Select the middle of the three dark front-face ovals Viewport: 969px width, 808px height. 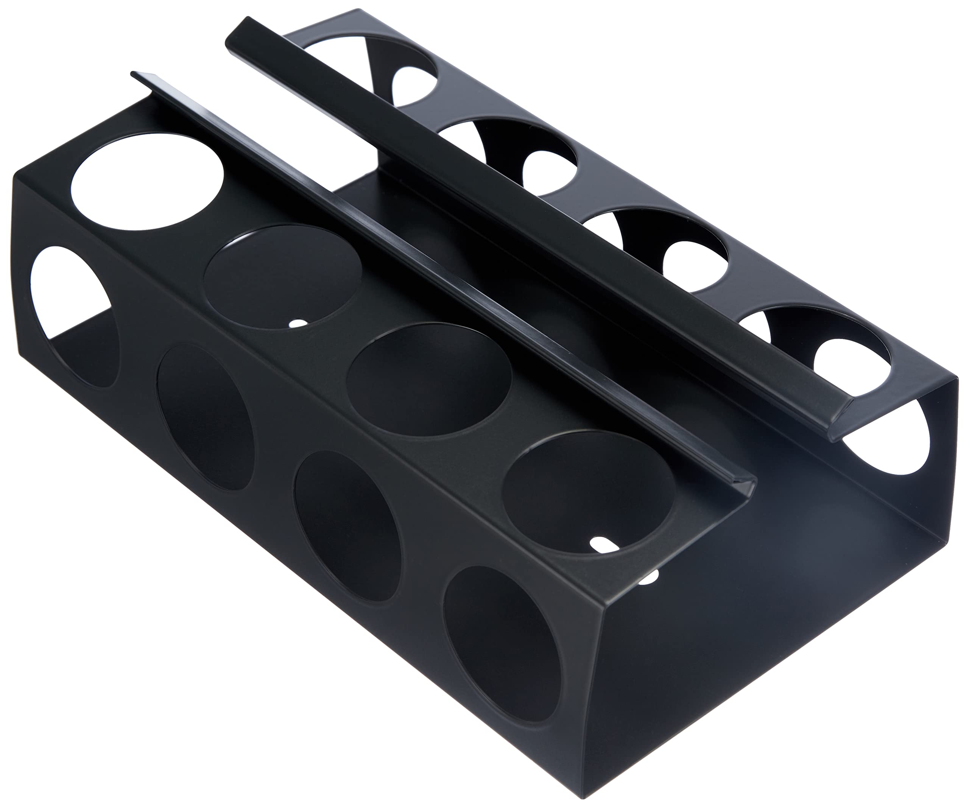click(347, 526)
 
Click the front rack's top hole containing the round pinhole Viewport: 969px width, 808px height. click(282, 277)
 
